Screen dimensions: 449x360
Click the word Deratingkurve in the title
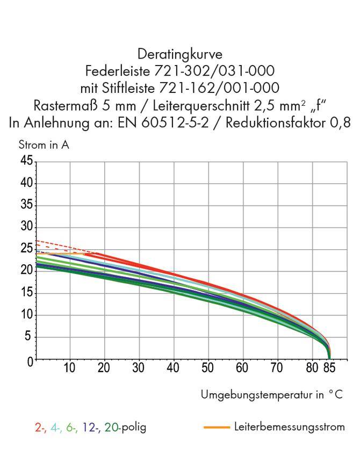180,54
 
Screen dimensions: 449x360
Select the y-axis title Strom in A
44,145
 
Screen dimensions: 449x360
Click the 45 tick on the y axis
27,161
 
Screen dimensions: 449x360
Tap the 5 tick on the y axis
30,337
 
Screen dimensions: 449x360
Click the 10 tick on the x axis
69,368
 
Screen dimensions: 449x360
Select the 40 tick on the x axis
173,368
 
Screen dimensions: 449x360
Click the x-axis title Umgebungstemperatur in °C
271,395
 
